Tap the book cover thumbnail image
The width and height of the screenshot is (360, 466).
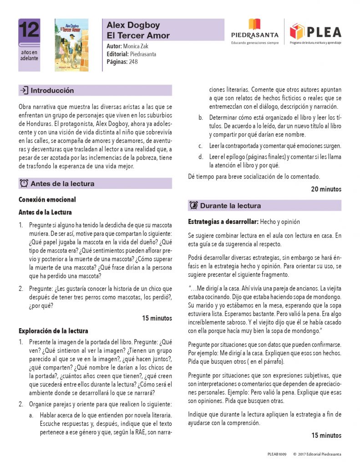71,45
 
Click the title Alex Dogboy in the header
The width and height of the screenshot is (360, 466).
133,25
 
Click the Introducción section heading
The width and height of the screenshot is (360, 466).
52,91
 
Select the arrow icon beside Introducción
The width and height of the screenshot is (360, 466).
24,91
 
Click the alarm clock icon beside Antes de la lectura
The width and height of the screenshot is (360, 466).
24,184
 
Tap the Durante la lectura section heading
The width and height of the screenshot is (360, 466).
230,206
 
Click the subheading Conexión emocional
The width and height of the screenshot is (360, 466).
47,200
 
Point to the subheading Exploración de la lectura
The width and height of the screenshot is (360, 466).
53,331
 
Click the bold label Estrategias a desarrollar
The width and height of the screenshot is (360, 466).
223,222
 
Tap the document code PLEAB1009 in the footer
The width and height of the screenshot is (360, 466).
277,454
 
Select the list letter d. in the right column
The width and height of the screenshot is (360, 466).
200,157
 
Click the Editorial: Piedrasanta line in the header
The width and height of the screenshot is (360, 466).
132,54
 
